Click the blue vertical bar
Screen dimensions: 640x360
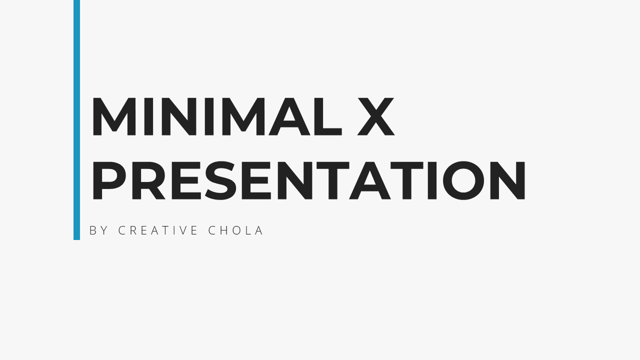point(76,119)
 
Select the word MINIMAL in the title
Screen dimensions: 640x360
point(217,116)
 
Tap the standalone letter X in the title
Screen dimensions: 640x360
point(376,116)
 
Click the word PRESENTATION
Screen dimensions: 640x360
point(309,180)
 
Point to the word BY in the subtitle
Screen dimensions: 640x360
point(98,230)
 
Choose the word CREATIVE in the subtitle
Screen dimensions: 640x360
point(158,230)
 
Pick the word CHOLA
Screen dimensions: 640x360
point(235,230)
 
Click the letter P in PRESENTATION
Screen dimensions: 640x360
point(109,180)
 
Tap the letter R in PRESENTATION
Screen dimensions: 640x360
point(148,180)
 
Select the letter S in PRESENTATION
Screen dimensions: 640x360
point(220,180)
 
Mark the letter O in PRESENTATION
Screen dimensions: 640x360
point(463,180)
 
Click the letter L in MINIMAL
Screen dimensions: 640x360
point(328,116)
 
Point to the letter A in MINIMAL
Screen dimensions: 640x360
point(289,116)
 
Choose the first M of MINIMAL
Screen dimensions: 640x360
point(113,116)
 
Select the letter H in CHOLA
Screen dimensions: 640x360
point(223,230)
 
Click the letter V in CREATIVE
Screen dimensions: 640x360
point(181,230)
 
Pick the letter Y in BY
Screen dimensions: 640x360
point(104,230)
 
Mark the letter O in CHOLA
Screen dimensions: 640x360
point(237,230)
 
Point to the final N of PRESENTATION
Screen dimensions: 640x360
point(507,180)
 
